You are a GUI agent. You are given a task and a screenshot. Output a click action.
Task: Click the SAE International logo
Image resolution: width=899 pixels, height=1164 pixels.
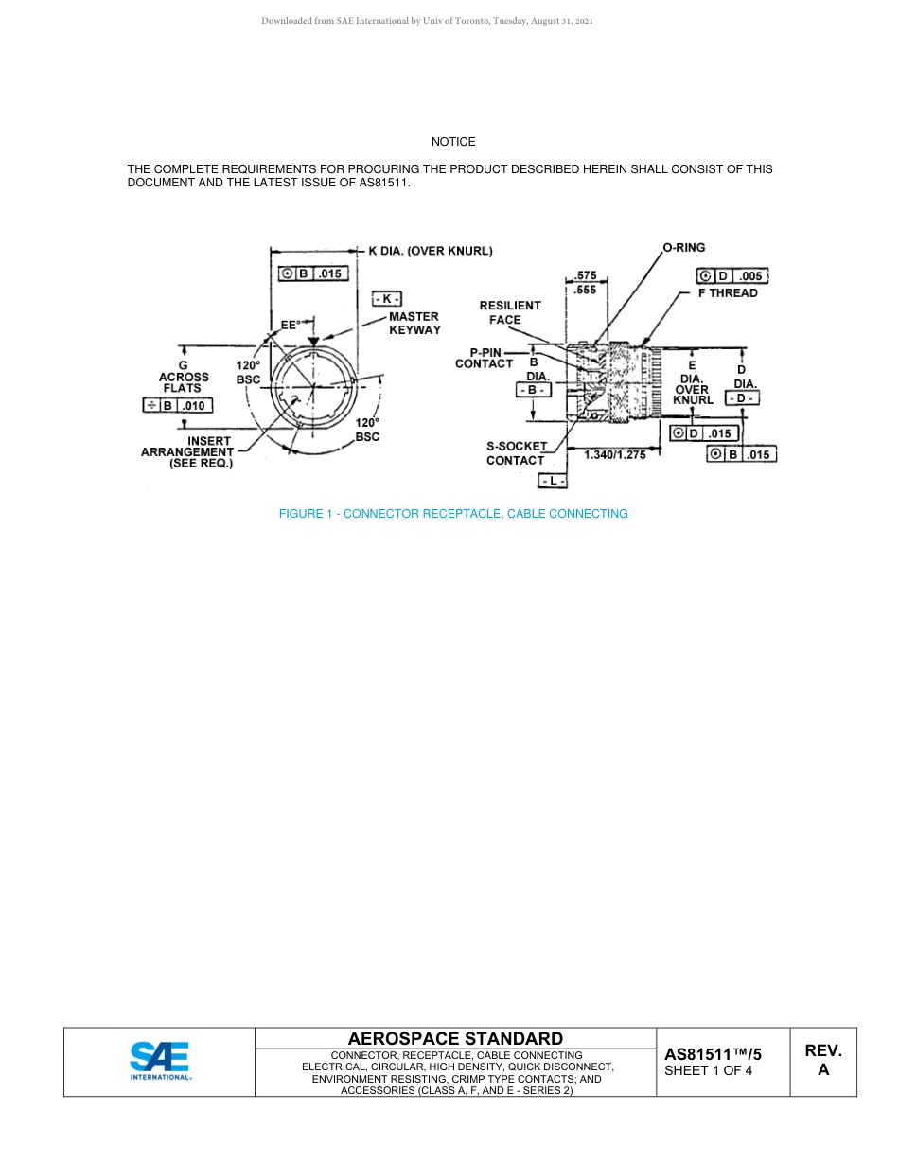160,1061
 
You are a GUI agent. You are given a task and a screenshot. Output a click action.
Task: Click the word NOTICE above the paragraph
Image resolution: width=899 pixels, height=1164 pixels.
453,142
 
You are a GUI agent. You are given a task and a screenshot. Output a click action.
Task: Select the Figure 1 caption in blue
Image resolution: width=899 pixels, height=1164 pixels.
453,514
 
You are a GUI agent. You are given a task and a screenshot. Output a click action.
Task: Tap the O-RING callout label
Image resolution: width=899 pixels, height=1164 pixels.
683,248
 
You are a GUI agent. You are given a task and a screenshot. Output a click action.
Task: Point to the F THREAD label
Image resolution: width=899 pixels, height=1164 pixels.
728,293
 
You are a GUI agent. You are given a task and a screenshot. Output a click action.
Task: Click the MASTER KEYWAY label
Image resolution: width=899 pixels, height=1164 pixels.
414,323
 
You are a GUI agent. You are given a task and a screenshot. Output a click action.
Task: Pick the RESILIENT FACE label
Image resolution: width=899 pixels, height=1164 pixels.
510,312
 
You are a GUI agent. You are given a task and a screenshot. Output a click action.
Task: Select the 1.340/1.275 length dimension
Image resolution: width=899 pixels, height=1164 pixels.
615,455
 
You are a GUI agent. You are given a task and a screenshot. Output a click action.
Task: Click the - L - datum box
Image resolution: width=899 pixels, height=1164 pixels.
553,482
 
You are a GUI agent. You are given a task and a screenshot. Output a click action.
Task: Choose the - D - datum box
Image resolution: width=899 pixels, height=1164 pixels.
743,399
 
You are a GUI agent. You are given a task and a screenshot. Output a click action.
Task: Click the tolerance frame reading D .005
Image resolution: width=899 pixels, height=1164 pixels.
732,276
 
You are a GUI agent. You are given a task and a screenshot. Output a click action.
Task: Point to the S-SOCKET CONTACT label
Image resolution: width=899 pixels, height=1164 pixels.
516,453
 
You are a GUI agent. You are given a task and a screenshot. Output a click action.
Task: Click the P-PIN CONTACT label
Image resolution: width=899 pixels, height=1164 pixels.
484,357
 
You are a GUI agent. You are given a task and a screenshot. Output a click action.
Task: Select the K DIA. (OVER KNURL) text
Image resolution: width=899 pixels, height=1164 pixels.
430,251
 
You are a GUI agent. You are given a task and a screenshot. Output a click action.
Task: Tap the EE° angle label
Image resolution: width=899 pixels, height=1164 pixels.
291,324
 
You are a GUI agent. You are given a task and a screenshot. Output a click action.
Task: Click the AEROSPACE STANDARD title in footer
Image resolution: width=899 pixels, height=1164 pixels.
455,1039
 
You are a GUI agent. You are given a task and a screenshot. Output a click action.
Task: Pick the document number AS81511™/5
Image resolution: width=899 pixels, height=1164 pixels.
713,1054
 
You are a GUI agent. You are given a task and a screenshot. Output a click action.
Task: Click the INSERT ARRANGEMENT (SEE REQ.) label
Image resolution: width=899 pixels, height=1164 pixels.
187,452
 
